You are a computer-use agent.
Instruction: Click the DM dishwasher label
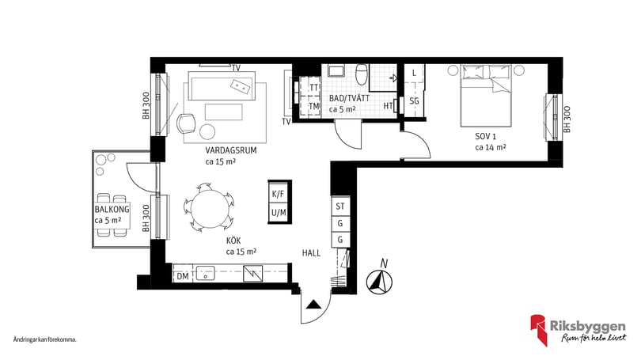pyautogui.click(x=183, y=276)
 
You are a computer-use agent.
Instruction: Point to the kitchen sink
pyautogui.click(x=206, y=273)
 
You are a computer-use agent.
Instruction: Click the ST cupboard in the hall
pyautogui.click(x=340, y=207)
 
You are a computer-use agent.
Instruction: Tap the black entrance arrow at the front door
pyautogui.click(x=314, y=304)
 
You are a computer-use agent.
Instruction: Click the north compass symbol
pyautogui.click(x=379, y=282)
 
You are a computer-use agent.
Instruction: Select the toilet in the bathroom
pyautogui.click(x=362, y=73)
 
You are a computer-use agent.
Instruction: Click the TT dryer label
pyautogui.click(x=314, y=88)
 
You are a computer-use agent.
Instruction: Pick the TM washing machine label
pyautogui.click(x=314, y=107)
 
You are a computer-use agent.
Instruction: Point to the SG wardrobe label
pyautogui.click(x=414, y=101)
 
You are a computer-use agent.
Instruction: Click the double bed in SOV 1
pyautogui.click(x=486, y=95)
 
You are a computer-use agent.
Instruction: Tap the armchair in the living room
pyautogui.click(x=186, y=123)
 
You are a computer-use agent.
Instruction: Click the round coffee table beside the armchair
pyautogui.click(x=207, y=131)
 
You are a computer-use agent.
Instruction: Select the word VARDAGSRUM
pyautogui.click(x=231, y=150)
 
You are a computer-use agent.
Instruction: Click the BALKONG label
pyautogui.click(x=112, y=209)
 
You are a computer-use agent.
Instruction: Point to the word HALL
pyautogui.click(x=311, y=253)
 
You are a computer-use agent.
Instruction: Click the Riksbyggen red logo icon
pyautogui.click(x=539, y=330)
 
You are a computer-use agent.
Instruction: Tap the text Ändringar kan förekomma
pyautogui.click(x=45, y=339)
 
